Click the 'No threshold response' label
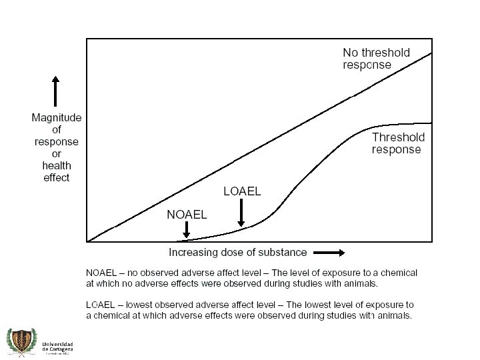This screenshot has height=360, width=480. pyautogui.click(x=376, y=59)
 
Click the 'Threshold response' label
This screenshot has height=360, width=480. pyautogui.click(x=398, y=143)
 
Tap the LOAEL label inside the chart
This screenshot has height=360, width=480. pyautogui.click(x=242, y=192)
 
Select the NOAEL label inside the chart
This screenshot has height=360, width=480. pyautogui.click(x=187, y=215)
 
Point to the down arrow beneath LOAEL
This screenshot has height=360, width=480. pyautogui.click(x=242, y=215)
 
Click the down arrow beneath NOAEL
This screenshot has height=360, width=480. pyautogui.click(x=187, y=231)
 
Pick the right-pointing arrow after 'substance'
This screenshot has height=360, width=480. pyautogui.click(x=329, y=253)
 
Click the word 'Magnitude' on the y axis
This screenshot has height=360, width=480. pyautogui.click(x=57, y=118)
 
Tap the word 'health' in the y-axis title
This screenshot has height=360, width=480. pyautogui.click(x=57, y=165)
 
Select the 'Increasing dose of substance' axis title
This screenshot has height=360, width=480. pyautogui.click(x=237, y=253)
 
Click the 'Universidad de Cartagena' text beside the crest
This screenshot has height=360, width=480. pyautogui.click(x=57, y=347)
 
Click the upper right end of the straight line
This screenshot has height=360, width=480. pyautogui.click(x=431, y=53)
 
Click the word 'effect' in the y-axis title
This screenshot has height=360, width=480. pyautogui.click(x=57, y=177)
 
